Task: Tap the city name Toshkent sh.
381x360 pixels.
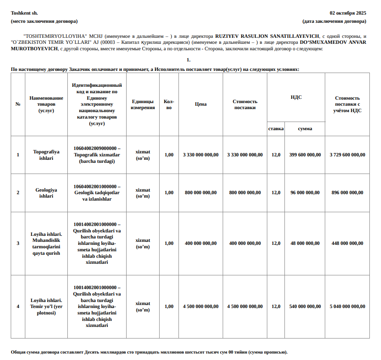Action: coord(24,13)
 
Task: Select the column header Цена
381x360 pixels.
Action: coord(200,104)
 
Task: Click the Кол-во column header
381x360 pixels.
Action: coord(169,104)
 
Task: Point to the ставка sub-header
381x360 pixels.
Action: coord(276,128)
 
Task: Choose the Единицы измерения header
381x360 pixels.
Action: coord(143,104)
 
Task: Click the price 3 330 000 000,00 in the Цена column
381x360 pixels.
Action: coord(200,155)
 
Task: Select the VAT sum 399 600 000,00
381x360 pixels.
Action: coord(305,155)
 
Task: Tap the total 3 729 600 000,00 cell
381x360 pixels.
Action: coord(347,155)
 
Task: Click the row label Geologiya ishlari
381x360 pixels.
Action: coord(46,192)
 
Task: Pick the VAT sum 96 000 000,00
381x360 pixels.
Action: coord(305,192)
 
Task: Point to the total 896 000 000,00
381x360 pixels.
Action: coord(347,192)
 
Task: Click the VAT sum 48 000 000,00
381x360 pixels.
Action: coord(305,243)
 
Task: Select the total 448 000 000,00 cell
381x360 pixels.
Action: coord(347,243)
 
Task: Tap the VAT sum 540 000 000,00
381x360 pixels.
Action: coord(305,306)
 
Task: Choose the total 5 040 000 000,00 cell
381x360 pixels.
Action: coord(347,306)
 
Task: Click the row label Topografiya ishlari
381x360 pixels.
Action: coord(46,155)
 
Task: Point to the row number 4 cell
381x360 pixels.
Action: coord(18,306)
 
